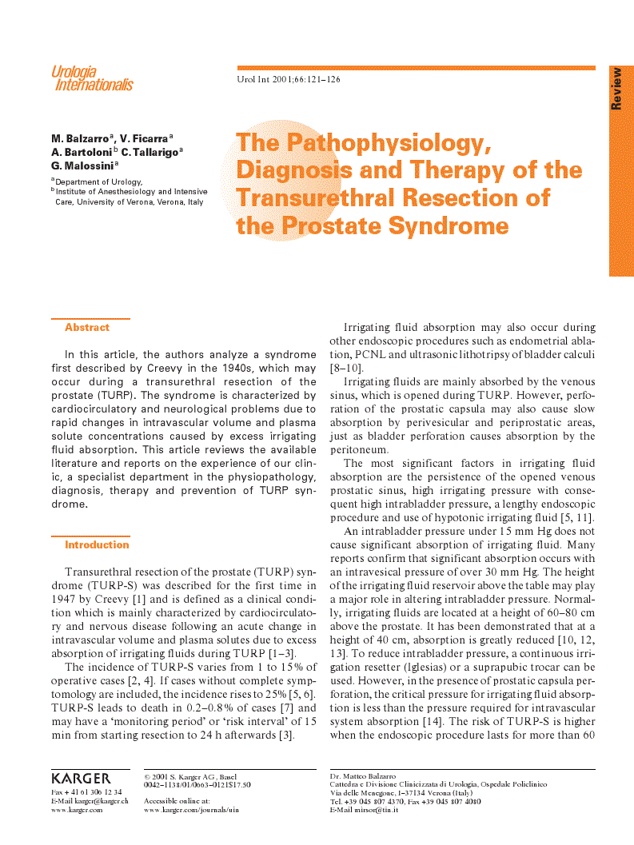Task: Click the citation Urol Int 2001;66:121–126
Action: (289, 80)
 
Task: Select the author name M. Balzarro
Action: (81, 138)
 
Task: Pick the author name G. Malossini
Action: (82, 165)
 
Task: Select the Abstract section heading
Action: (87, 328)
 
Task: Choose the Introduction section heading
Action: (97, 545)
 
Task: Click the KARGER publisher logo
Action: (81, 779)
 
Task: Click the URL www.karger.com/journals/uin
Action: (191, 810)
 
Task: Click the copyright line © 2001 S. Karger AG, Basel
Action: (190, 776)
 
